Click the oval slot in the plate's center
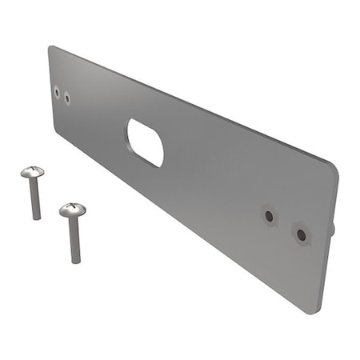click(x=146, y=142)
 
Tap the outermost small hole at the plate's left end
click(x=57, y=92)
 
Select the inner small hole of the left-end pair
click(x=67, y=98)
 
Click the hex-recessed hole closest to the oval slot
click(x=270, y=216)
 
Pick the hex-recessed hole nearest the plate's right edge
click(x=301, y=234)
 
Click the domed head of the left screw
click(x=33, y=172)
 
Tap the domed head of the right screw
click(x=72, y=210)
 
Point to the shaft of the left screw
click(x=34, y=198)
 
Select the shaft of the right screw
click(x=74, y=238)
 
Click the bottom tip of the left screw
click(x=36, y=218)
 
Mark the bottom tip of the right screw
click(x=75, y=261)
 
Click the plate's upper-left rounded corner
click(x=52, y=49)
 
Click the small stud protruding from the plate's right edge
click(x=332, y=229)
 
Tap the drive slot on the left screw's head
click(x=33, y=170)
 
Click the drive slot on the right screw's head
click(x=72, y=207)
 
